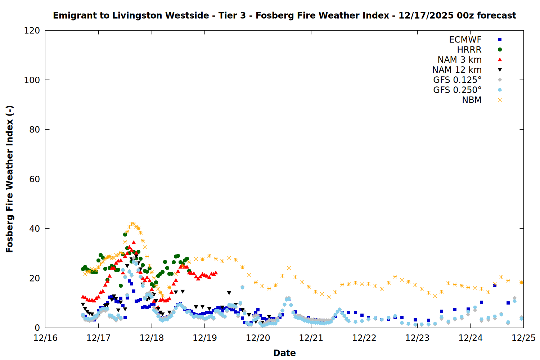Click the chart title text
(x=284, y=15)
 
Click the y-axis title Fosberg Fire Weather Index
(x=10, y=179)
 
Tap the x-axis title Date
(x=284, y=353)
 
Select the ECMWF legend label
(x=465, y=40)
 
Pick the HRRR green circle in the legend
(x=500, y=50)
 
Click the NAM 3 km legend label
(x=459, y=60)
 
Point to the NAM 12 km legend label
(x=457, y=70)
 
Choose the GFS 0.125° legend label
(x=457, y=80)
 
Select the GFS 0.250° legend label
(x=457, y=90)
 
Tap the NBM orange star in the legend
(x=500, y=100)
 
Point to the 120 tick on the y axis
(x=32, y=31)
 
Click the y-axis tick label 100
(x=32, y=80)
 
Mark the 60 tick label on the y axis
(x=35, y=179)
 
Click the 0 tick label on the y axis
(x=37, y=328)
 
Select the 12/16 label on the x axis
(x=45, y=338)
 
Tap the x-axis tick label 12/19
(x=205, y=338)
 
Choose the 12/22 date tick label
(x=364, y=338)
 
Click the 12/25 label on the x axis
(x=523, y=338)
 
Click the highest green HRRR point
(x=125, y=234)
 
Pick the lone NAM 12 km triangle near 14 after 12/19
(x=229, y=293)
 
